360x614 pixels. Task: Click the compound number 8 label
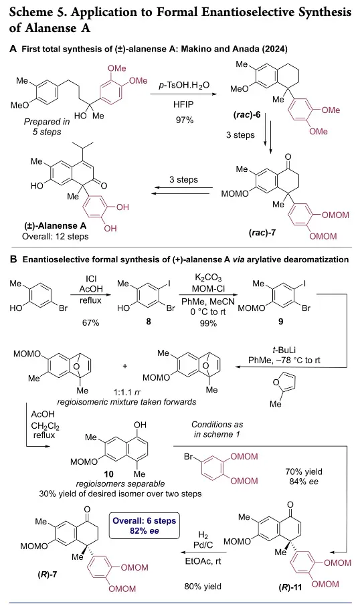point(149,322)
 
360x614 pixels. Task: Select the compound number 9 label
point(281,322)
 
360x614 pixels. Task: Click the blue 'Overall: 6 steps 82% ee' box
point(144,526)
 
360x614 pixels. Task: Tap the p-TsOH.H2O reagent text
point(184,85)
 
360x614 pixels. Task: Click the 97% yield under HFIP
point(185,120)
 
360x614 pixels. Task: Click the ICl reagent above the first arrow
point(91,279)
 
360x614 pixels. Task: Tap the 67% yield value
point(90,322)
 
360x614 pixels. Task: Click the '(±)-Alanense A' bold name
point(54,225)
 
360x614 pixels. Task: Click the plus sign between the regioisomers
point(125,366)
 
